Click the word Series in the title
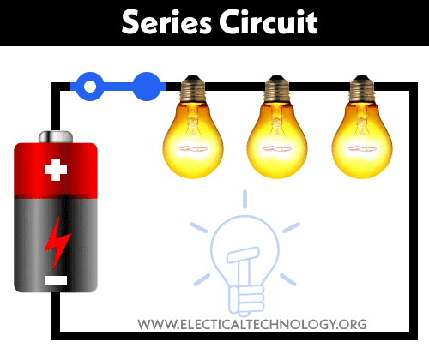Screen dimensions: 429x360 (166, 21)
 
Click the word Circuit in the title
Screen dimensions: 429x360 (269, 21)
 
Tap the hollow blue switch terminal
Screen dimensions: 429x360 (90, 87)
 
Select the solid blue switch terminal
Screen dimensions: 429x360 (147, 87)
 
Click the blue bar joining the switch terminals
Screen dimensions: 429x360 (118, 87)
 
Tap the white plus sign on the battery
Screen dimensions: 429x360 (56, 170)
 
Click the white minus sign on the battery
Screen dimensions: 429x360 (56, 280)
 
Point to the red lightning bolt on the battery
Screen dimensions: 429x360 (57, 243)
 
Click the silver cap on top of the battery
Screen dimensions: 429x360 (56, 137)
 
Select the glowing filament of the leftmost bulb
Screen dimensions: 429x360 (193, 148)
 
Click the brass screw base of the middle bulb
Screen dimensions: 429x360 (277, 89)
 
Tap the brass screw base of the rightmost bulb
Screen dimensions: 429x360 (362, 89)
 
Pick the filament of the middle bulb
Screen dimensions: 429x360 (277, 148)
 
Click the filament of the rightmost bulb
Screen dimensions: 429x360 (362, 148)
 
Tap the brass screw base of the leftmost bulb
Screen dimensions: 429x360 (193, 89)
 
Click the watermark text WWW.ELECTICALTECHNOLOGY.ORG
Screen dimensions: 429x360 (252, 325)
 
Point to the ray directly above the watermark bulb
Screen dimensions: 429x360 (245, 199)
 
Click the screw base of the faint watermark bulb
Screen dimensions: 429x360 (246, 300)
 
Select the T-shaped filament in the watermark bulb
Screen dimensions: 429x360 (244, 266)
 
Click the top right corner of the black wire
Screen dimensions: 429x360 (414, 87)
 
